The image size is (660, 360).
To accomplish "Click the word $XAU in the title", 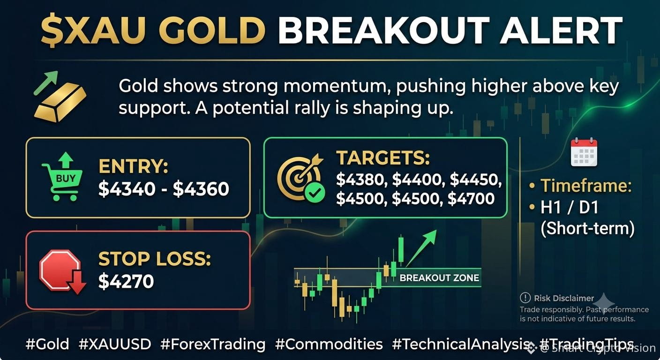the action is point(93,30).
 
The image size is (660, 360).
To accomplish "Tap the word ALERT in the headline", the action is point(561,30).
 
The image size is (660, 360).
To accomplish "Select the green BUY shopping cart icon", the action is point(62,176).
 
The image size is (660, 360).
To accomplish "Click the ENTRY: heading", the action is point(133,166).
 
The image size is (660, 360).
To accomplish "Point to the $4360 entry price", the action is point(201,189).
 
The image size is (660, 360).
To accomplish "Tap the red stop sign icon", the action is point(62,271).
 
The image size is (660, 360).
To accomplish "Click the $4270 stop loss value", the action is point(126,281).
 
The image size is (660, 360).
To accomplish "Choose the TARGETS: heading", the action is point(383,158).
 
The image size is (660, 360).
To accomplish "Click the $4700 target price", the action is point(471,199).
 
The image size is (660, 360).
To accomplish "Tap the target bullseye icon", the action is point(301,178).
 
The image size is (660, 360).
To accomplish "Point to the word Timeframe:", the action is point(586,186).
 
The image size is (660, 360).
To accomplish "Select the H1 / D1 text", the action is point(570,207).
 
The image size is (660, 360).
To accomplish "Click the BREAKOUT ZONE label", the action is point(439,278).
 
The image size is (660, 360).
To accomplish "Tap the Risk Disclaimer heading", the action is point(564,298).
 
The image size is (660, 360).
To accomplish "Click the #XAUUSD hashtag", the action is point(115,344).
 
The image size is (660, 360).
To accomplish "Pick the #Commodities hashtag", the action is point(329,344).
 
